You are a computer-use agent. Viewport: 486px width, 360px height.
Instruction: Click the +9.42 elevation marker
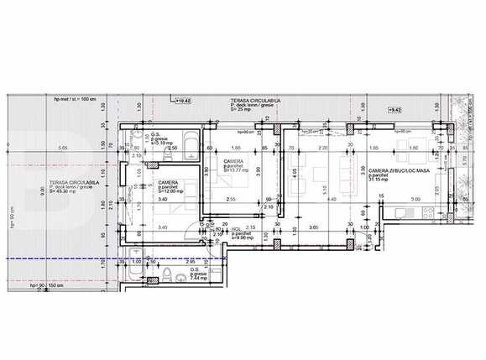392,109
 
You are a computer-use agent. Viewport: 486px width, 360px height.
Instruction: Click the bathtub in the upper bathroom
190,143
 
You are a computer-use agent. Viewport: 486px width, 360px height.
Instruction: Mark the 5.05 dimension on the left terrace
63,149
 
